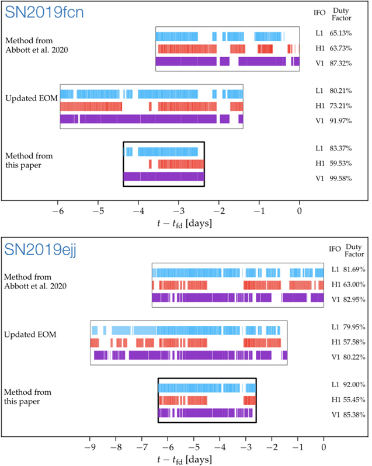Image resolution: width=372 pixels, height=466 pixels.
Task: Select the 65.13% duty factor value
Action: pyautogui.click(x=342, y=34)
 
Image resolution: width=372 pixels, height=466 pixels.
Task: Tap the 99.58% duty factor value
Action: pyautogui.click(x=342, y=178)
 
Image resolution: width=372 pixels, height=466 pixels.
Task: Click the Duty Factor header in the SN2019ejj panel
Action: pyautogui.click(x=354, y=251)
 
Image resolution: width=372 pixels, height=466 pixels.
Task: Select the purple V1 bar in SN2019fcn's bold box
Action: pyautogui.click(x=164, y=177)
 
